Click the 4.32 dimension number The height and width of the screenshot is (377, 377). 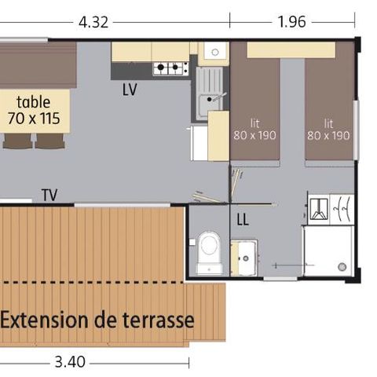point(93,22)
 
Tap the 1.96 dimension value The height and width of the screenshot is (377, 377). point(291,22)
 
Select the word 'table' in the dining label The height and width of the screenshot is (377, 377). point(34,102)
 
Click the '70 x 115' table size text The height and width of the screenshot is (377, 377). point(34,119)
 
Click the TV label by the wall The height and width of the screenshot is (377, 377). point(49,196)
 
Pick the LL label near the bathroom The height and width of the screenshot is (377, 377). point(243,221)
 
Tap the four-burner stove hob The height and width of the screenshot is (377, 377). point(170,68)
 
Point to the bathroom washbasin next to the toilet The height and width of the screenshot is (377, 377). point(245,257)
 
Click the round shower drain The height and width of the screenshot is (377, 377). point(342,267)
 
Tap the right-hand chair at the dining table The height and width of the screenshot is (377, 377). point(49,141)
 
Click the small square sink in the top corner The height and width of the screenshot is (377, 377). point(212,52)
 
